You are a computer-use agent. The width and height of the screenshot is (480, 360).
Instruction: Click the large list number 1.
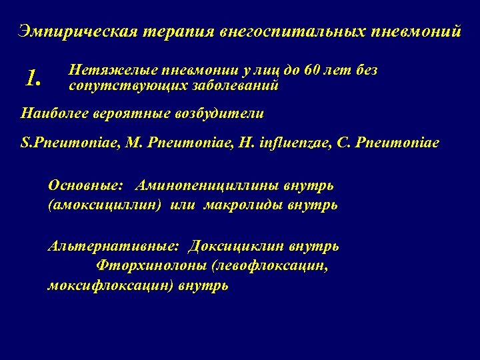point(33,79)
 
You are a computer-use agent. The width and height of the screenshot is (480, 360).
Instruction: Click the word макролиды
point(240,205)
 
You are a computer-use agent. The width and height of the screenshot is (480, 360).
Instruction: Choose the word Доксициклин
point(236,247)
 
